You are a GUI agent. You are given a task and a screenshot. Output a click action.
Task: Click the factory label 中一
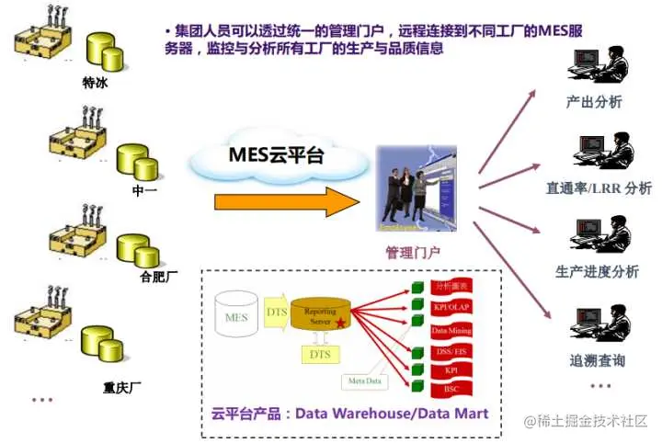click(145, 189)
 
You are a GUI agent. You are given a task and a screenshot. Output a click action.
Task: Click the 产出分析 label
click(594, 102)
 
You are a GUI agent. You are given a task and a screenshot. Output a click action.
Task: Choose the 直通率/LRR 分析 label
click(599, 188)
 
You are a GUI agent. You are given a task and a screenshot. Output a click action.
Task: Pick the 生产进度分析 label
click(598, 272)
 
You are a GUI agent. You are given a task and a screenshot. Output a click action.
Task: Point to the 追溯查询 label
click(599, 359)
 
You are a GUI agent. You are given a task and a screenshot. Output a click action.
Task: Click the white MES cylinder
click(235, 317)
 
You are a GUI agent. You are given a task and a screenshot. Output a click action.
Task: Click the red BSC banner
click(451, 390)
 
